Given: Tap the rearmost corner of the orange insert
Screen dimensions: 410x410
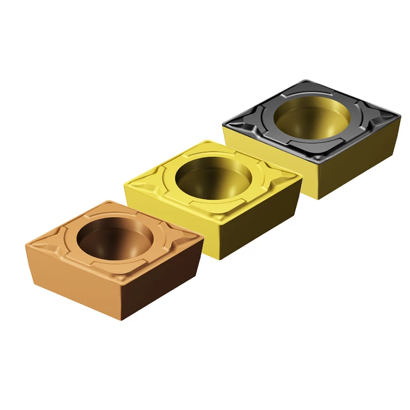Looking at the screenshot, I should pyautogui.click(x=107, y=201).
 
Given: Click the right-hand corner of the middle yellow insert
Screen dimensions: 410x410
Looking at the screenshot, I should pyautogui.click(x=301, y=178).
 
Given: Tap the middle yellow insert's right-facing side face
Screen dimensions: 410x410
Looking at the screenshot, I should pyautogui.click(x=262, y=224).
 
